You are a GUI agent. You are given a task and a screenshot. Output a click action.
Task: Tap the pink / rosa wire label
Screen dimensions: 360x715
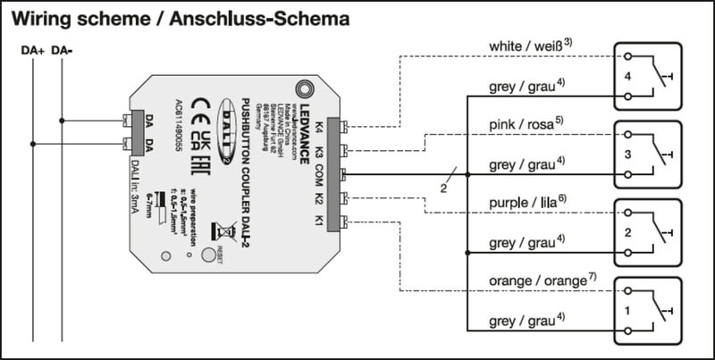click(523, 122)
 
